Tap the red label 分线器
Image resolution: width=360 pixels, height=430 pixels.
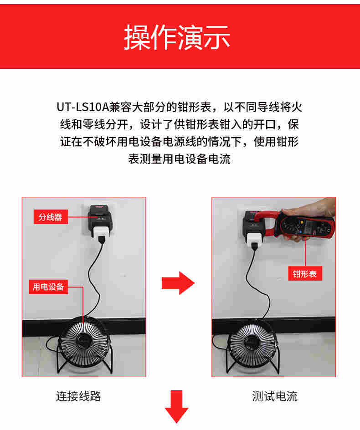(50, 217)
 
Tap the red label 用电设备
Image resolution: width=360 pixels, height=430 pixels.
(48, 287)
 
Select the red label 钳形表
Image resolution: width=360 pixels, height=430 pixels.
(305, 274)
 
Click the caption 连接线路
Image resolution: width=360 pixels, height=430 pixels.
(78, 396)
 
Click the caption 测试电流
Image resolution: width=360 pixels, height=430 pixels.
(275, 396)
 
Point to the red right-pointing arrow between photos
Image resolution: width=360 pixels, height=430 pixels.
(178, 283)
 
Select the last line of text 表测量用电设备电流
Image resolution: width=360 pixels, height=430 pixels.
(180, 159)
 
